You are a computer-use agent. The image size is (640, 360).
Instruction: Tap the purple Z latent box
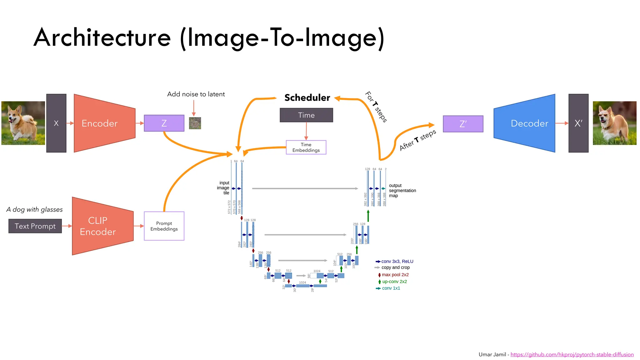[164, 123]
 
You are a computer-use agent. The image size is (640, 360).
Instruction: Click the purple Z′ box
[463, 124]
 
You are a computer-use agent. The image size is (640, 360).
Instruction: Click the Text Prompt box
[35, 226]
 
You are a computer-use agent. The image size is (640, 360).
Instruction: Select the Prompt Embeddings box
[164, 226]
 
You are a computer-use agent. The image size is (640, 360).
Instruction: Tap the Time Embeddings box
[306, 147]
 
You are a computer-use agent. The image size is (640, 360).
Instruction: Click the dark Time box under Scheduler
[306, 115]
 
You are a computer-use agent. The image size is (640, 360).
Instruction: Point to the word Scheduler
[307, 97]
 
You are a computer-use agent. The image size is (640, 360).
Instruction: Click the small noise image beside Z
[195, 123]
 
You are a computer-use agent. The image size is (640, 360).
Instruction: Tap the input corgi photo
[23, 123]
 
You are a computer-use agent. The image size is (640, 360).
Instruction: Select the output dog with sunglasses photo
[614, 123]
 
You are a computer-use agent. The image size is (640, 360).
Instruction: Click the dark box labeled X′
[578, 123]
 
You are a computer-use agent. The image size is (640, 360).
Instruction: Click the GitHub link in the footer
[572, 354]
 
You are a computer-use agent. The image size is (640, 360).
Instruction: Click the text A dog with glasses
[34, 209]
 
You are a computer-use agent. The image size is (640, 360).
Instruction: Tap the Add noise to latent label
[196, 94]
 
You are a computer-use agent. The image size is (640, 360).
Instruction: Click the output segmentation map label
[402, 190]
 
